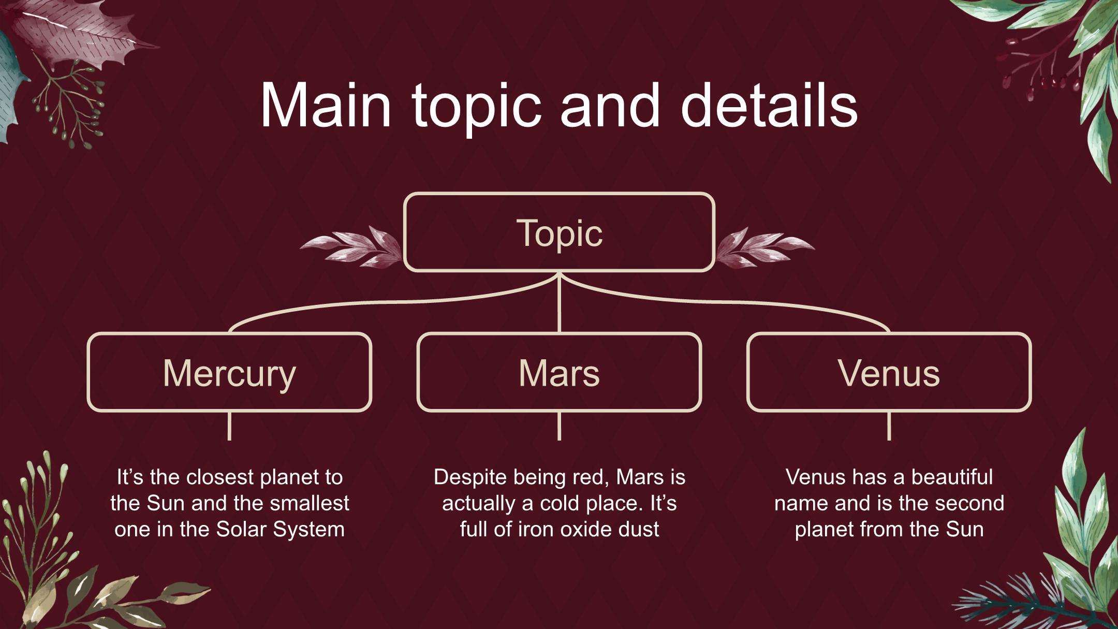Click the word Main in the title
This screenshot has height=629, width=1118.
click(x=326, y=106)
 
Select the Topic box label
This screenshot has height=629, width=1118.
click(x=560, y=233)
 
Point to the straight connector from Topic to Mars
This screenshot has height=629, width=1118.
click(x=560, y=302)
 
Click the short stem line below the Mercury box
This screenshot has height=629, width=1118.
click(x=229, y=426)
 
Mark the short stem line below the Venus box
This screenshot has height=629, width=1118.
click(x=889, y=426)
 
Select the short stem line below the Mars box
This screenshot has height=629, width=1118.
click(x=559, y=426)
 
